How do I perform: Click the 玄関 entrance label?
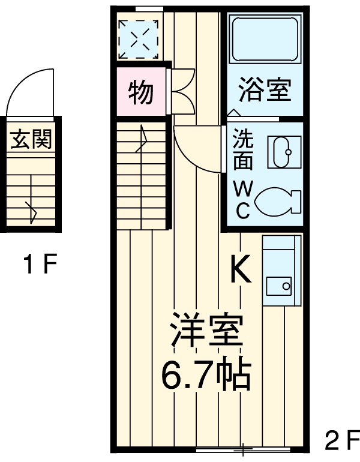tap(31, 140)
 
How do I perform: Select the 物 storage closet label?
tap(140, 92)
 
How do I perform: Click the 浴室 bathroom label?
tap(265, 91)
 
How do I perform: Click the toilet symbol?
tap(277, 202)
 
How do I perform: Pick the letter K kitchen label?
tap(241, 270)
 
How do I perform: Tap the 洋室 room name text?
tap(206, 331)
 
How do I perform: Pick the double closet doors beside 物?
tap(182, 91)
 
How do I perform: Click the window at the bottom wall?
tap(243, 448)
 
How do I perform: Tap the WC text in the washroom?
tap(242, 199)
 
